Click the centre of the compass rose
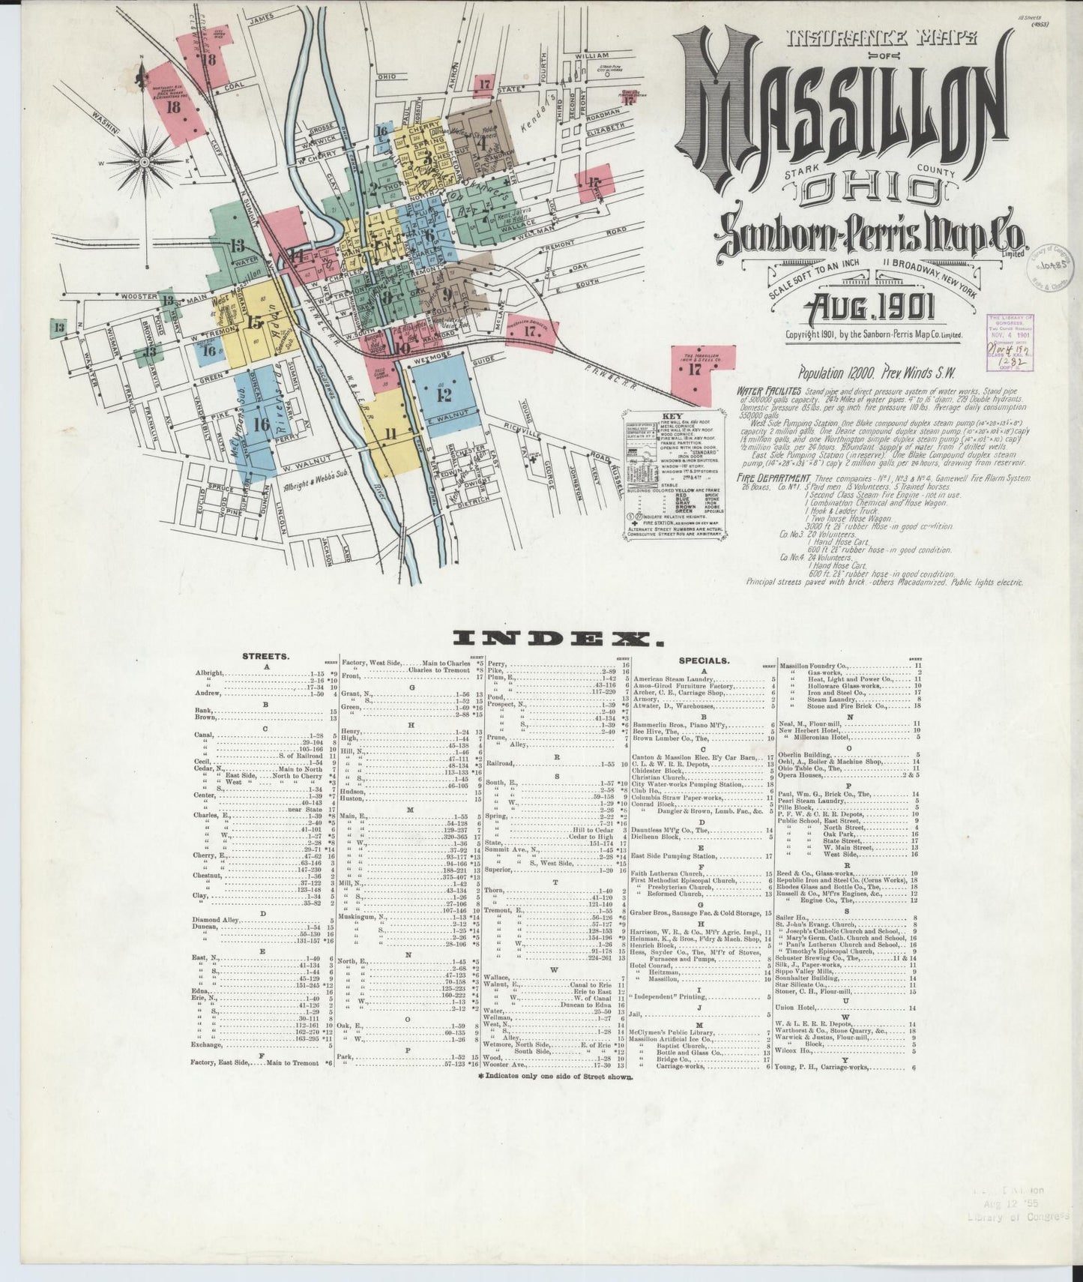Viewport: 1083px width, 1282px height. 144,160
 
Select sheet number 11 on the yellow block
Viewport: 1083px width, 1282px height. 390,433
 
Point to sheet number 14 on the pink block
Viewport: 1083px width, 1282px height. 298,256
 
